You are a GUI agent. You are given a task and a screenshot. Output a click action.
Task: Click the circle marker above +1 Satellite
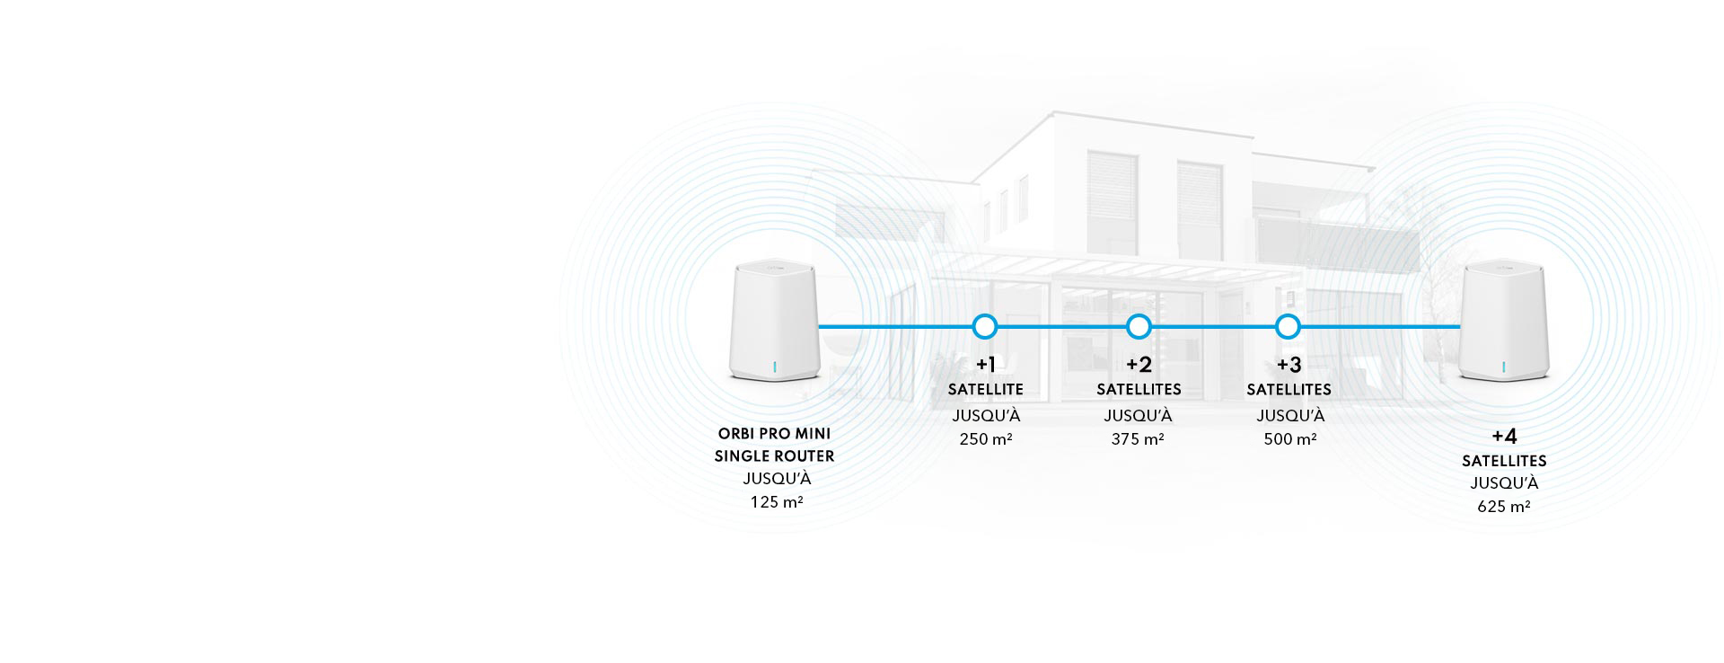[985, 327]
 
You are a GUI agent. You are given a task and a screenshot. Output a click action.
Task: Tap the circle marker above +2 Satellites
[1139, 327]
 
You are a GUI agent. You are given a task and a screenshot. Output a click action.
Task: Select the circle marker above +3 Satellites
[1288, 327]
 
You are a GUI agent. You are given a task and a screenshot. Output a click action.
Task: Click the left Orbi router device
[774, 323]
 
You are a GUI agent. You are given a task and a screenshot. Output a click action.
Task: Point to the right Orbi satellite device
[1504, 323]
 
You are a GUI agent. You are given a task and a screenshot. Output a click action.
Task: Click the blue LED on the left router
[773, 367]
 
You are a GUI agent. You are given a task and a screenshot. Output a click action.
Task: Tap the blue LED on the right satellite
[1503, 367]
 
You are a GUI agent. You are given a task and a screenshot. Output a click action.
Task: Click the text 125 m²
[777, 502]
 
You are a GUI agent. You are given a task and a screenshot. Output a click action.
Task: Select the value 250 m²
[986, 439]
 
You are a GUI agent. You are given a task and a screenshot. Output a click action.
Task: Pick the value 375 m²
[1138, 439]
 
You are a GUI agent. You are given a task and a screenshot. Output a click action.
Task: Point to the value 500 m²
[1290, 439]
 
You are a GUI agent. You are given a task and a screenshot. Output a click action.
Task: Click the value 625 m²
[1504, 507]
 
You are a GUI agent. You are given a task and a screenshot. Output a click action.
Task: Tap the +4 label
[1504, 437]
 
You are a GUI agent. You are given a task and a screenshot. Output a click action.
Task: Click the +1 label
[986, 365]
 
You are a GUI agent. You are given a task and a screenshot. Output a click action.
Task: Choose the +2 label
[1139, 365]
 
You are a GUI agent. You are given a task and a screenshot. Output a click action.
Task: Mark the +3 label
[1289, 365]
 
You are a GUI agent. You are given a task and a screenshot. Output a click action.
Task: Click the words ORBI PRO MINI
[774, 434]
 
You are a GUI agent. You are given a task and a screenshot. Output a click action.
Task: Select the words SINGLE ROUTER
[774, 456]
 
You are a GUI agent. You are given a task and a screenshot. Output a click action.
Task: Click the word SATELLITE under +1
[986, 390]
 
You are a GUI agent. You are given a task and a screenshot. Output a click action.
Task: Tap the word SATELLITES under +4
[1504, 462]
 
